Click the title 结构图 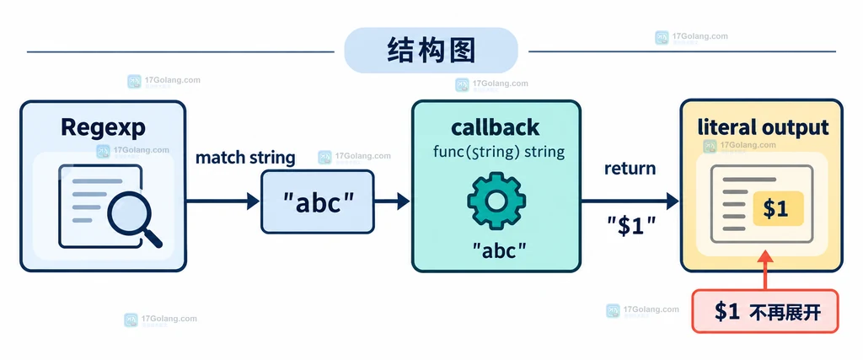point(431,51)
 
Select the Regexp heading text point(103,127)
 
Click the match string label point(245,158)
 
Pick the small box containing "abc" point(318,201)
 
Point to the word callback point(496,127)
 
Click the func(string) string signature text point(499,152)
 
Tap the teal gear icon point(496,201)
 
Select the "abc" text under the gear point(500,250)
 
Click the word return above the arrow point(630,168)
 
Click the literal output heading point(763,127)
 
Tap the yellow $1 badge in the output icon point(778,208)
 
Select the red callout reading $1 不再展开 point(765,312)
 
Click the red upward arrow point(765,270)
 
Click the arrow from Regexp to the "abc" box point(222,201)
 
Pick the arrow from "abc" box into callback point(392,201)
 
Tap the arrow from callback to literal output point(630,201)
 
